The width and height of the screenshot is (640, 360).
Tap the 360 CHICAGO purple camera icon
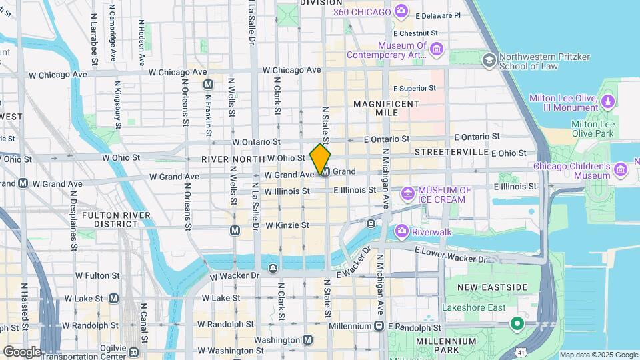401,10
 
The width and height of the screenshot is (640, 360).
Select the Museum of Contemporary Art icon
436,49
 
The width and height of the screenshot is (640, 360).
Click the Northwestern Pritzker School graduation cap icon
490,61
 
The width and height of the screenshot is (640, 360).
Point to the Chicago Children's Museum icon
621,169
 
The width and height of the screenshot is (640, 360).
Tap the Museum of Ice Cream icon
407,194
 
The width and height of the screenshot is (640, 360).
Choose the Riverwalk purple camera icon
401,231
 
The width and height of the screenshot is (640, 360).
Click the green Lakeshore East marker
516,324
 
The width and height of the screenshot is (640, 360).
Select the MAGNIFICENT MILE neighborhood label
387,109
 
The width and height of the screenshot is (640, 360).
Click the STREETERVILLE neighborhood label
451,152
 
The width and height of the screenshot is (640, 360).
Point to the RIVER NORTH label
232,159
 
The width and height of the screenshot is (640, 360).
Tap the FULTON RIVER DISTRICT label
110,219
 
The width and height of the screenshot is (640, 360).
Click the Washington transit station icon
307,340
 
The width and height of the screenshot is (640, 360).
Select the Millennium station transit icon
379,326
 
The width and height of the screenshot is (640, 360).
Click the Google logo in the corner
22,351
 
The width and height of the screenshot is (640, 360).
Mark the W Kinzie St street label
287,226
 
